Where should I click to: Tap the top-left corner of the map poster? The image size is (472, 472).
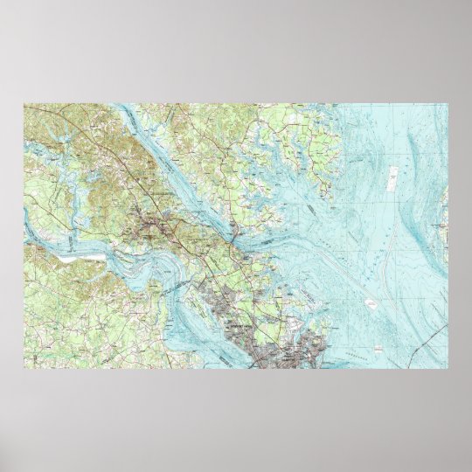(x=24, y=104)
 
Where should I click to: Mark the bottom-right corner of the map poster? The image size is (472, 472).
(x=447, y=367)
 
